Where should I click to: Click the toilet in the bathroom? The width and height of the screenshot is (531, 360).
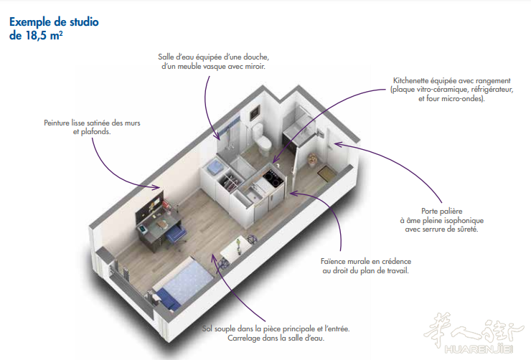(262, 139)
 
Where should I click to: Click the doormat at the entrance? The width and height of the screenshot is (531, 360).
(326, 174)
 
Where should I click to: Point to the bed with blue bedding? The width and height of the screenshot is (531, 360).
(183, 283)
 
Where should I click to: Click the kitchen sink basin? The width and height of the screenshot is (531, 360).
(252, 196)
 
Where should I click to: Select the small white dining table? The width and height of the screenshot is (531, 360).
(235, 250)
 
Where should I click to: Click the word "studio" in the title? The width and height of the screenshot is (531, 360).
(85, 22)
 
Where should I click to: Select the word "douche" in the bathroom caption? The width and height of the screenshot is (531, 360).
(256, 57)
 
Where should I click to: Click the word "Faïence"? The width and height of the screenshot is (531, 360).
(333, 261)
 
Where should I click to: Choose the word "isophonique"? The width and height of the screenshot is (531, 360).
(465, 221)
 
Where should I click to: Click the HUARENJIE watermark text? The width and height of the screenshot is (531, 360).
(479, 349)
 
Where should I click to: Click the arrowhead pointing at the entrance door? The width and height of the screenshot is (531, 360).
(338, 145)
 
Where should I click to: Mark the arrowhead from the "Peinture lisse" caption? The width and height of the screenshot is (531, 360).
(156, 186)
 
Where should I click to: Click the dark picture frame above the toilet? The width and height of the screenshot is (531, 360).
(255, 113)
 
